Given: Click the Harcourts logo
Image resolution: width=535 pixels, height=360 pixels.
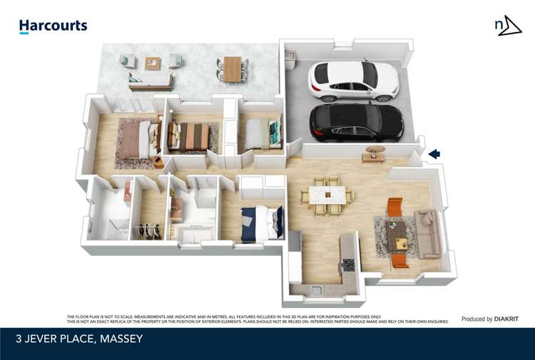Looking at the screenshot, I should point(53,26).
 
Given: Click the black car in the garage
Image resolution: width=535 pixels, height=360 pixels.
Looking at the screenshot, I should point(356,122).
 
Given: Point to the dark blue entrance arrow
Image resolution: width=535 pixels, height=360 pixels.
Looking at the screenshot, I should point(434,153).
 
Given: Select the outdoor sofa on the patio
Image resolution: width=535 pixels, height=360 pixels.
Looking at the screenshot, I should point(150,80).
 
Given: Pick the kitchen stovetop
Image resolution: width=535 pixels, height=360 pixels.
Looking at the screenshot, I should point(348,264).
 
